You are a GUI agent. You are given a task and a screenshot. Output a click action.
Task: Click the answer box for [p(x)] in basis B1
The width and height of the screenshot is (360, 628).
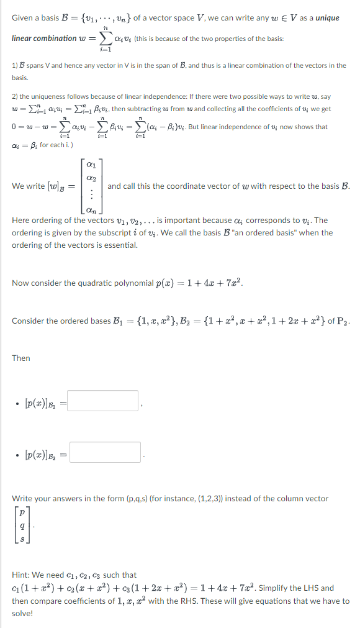[x=104, y=401]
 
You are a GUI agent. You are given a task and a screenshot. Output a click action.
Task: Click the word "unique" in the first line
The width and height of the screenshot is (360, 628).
[x=327, y=18]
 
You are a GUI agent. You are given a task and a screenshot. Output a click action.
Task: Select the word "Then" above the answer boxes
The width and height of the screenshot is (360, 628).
[x=20, y=358]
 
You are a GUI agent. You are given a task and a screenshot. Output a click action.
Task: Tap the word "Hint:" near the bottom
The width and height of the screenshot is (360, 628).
[x=22, y=575]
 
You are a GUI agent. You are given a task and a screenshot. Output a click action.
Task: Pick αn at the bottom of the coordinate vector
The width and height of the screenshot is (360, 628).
[x=92, y=210]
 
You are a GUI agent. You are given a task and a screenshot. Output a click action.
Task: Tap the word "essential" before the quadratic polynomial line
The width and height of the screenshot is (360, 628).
[x=120, y=245]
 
